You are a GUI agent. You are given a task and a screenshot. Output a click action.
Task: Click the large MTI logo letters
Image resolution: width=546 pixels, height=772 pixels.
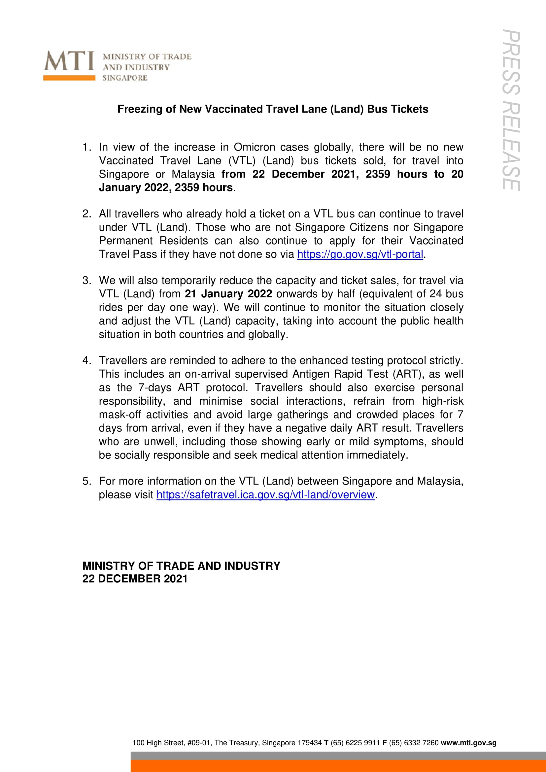coord(69,61)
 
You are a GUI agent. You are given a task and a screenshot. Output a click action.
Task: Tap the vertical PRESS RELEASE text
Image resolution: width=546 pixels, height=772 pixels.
coord(511,111)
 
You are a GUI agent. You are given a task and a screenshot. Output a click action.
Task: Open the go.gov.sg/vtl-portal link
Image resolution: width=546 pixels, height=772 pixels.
coord(360,254)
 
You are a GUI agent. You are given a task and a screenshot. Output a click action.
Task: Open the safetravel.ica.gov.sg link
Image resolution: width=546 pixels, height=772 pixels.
coord(265,495)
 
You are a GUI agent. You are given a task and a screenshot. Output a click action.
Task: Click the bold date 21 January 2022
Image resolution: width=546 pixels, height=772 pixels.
coord(228,294)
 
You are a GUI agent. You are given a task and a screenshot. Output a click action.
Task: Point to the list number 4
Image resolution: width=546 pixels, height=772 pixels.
coord(86,360)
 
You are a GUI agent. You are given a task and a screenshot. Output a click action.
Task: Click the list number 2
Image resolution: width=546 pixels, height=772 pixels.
coord(86,214)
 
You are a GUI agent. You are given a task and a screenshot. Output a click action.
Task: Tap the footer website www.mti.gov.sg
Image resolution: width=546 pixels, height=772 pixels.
coord(468,743)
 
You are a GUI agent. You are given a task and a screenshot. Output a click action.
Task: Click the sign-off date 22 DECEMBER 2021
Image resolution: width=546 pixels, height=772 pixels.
coord(135,579)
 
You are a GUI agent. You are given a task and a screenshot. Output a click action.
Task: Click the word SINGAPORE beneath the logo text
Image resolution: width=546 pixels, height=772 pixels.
coord(125,78)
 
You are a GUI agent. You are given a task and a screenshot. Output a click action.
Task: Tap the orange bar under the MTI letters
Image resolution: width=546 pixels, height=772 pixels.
coord(69,78)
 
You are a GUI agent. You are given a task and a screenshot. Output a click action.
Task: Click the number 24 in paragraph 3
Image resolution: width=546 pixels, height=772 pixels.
coord(435,294)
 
